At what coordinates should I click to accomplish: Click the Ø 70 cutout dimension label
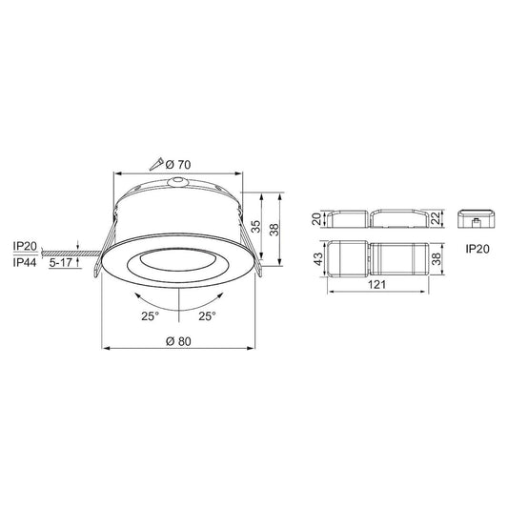pyautogui.click(x=179, y=165)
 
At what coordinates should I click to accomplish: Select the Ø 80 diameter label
pyautogui.click(x=180, y=340)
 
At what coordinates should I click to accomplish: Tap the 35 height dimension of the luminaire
pyautogui.click(x=255, y=226)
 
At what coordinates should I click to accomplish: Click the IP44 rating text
pyautogui.click(x=26, y=260)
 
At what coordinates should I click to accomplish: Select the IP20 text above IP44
pyautogui.click(x=26, y=246)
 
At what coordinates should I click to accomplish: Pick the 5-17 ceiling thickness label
pyautogui.click(x=63, y=260)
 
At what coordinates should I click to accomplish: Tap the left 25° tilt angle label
pyautogui.click(x=148, y=315)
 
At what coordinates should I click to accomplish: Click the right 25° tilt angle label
pyautogui.click(x=207, y=315)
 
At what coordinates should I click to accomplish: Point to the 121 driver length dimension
pyautogui.click(x=378, y=285)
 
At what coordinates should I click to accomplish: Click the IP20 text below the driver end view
pyautogui.click(x=478, y=248)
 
